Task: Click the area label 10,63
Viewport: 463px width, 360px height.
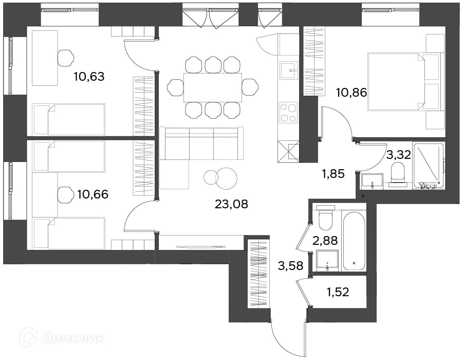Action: click(89, 77)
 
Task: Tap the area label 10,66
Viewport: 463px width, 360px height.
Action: click(92, 194)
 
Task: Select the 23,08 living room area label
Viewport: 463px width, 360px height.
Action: click(231, 204)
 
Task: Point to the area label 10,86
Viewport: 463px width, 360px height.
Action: click(351, 93)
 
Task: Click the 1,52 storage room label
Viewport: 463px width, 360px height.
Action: click(338, 292)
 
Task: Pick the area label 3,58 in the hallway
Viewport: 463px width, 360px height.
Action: click(291, 266)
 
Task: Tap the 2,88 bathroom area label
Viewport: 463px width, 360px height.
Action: click(325, 240)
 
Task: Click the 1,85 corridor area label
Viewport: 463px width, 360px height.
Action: click(334, 174)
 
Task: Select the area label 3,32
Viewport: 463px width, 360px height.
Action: click(399, 155)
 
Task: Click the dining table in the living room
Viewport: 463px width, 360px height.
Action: click(213, 87)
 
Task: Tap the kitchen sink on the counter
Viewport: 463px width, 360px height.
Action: click(288, 70)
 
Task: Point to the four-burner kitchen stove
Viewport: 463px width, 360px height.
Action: click(288, 113)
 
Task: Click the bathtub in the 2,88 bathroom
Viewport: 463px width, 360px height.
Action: click(354, 241)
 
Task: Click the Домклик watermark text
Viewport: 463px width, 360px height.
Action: click(73, 338)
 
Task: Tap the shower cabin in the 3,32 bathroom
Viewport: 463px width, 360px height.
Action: click(429, 166)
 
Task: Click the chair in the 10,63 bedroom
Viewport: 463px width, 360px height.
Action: click(65, 58)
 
